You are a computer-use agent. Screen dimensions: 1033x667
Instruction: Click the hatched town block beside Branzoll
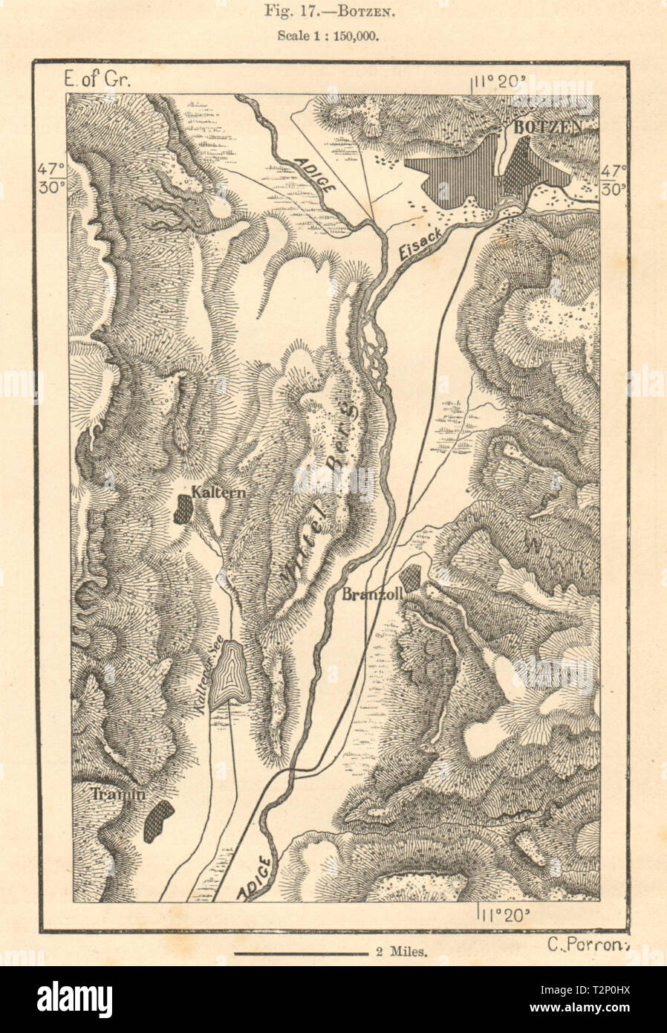[x=411, y=577]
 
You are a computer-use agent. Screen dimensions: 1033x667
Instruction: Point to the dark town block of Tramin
[x=157, y=821]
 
